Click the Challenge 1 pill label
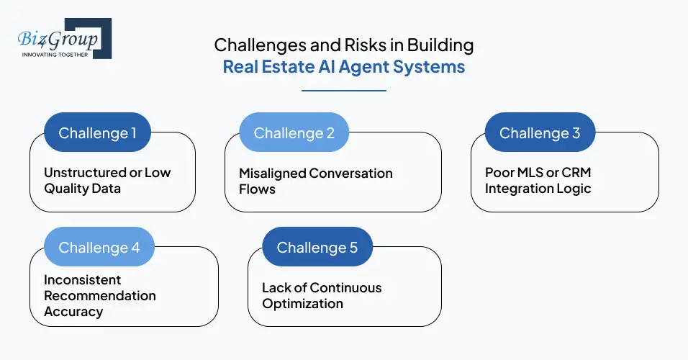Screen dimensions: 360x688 coord(97,132)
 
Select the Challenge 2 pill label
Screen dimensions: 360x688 coord(294,132)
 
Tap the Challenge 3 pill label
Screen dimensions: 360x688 coord(540,132)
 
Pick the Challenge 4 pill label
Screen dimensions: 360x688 coord(99,247)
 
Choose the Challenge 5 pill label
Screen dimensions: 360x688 coord(317,247)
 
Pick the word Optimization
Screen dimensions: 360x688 coord(302,303)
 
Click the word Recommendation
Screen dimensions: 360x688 coord(99,295)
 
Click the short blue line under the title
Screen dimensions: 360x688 coord(343,91)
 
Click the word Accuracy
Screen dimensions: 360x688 coord(73,311)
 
